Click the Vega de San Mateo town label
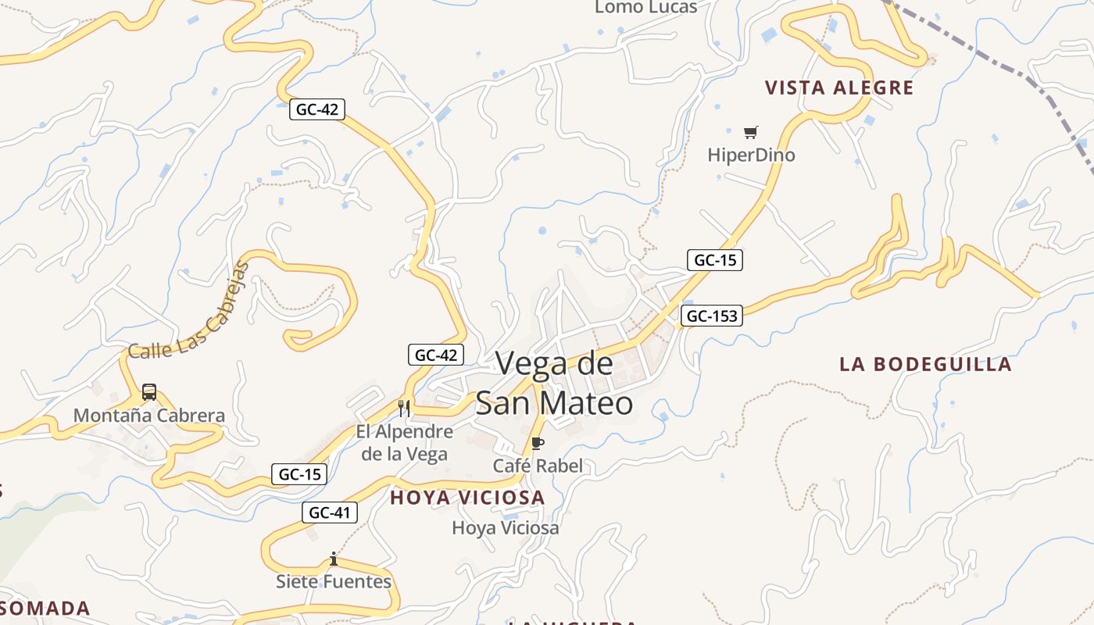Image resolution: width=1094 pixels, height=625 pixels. [x=554, y=383]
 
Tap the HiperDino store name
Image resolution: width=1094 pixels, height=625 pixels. [x=751, y=155]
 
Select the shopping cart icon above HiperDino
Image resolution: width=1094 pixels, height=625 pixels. [x=751, y=132]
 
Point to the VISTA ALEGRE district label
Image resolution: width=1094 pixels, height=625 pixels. [x=839, y=87]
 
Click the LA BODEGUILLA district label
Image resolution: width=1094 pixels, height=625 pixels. [x=925, y=364]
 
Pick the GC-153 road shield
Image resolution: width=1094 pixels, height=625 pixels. [x=711, y=316]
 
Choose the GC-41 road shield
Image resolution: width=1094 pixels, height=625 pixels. [x=330, y=512]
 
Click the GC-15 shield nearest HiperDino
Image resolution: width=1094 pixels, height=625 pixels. [x=715, y=260]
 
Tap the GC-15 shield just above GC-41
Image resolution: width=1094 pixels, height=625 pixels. [x=299, y=473]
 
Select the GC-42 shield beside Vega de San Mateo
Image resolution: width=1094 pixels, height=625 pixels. [x=436, y=355]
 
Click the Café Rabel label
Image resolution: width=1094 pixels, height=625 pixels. [x=538, y=466]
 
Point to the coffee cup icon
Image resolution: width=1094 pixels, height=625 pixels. [x=538, y=443]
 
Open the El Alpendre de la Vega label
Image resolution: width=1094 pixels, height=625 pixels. [x=404, y=442]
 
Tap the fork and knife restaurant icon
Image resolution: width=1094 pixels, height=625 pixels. [x=404, y=408]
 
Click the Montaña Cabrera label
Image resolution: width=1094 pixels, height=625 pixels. [x=149, y=416]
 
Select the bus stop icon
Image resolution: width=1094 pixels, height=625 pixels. [x=149, y=392]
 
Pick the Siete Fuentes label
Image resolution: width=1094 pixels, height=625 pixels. [x=334, y=581]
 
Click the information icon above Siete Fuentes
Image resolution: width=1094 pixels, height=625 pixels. [x=334, y=559]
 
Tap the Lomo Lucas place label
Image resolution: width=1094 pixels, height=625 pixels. [x=646, y=8]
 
